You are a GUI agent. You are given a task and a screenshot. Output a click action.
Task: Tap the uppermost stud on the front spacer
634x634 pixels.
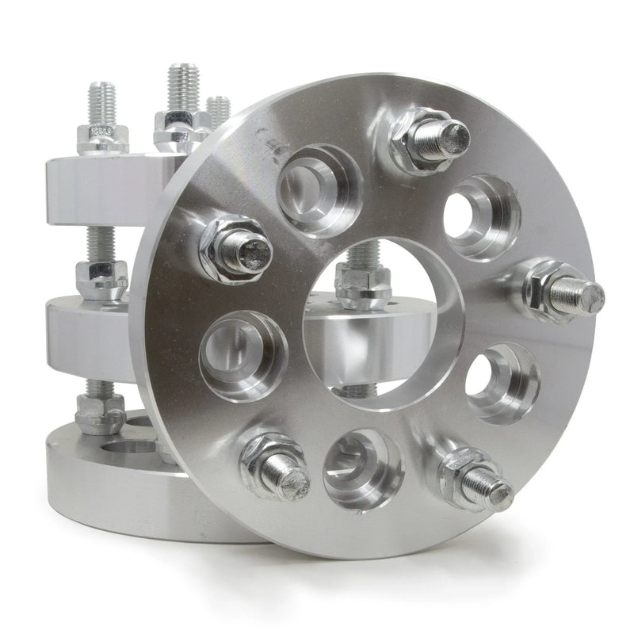pos(432,139)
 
